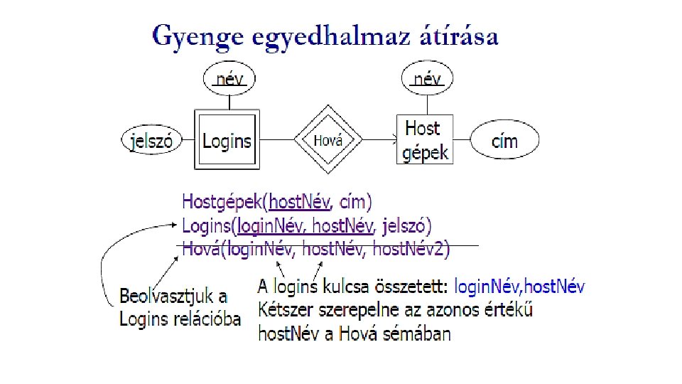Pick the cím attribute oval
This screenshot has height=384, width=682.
tap(505, 140)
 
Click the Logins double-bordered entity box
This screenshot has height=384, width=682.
tap(227, 140)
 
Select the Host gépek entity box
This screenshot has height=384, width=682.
tap(425, 140)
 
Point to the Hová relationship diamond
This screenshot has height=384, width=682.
tap(328, 140)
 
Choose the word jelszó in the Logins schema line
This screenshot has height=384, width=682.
tap(404, 226)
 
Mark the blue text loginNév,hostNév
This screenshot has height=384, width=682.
tap(519, 287)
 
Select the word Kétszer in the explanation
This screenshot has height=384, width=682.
tap(285, 310)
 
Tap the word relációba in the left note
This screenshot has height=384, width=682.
tap(206, 319)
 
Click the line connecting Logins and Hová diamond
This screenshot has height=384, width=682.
tap(277, 140)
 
